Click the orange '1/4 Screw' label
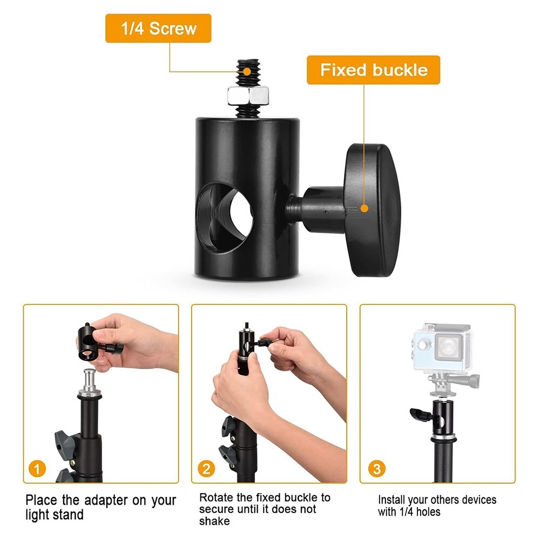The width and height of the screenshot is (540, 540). coord(158,29)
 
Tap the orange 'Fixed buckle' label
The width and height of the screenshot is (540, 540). coord(374,70)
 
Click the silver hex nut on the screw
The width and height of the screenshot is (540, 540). coord(248,96)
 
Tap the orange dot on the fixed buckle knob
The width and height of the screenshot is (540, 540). coord(364,208)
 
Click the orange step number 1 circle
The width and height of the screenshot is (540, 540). coord(37,468)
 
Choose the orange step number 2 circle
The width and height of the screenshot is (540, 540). coord(206,468)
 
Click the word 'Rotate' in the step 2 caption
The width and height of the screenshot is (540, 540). coord(217,497)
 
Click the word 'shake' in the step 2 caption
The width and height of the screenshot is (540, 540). coord(214,521)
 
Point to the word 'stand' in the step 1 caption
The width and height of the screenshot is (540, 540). coord(69,515)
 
